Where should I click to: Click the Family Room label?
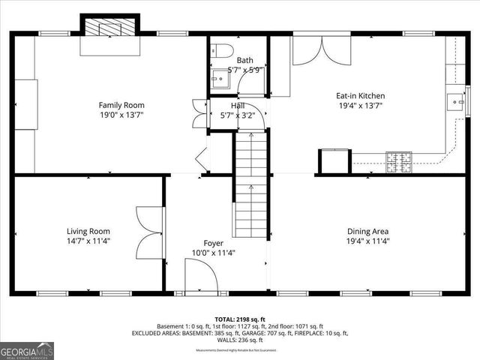click(121, 105)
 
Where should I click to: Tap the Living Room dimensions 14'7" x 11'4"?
click(88, 241)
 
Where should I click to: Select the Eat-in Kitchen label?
click(360, 95)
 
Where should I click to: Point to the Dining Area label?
click(367, 231)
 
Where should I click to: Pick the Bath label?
click(245, 60)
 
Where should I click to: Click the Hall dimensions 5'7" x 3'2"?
click(238, 115)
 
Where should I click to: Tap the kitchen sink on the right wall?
click(455, 101)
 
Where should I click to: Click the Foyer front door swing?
click(200, 278)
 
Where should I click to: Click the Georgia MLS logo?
click(27, 350)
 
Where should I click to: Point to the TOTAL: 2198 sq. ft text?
click(240, 319)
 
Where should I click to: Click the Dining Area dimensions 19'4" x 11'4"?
click(367, 241)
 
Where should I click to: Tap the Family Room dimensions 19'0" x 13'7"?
click(121, 115)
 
